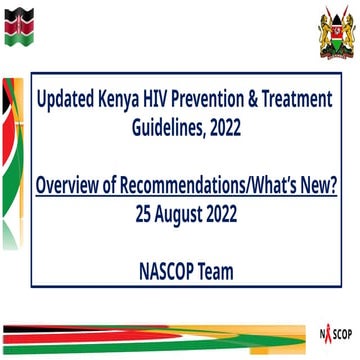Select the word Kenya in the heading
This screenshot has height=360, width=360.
[130, 101]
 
